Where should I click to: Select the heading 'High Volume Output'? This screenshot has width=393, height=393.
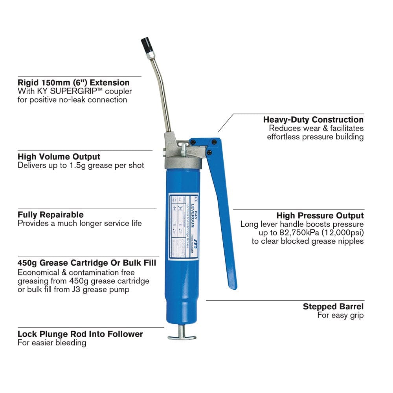tap(59, 157)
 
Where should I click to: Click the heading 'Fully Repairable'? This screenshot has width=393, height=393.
tap(51, 215)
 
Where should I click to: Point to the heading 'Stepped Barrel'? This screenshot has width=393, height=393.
tap(333, 307)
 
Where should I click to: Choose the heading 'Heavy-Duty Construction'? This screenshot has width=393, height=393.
tap(313, 119)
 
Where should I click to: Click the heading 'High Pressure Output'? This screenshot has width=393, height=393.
tap(320, 215)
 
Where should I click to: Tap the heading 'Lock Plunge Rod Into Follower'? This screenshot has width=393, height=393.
tap(80, 334)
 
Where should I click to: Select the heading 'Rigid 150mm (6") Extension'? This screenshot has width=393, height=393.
tap(73, 83)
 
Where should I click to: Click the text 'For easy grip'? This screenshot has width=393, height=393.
tap(340, 315)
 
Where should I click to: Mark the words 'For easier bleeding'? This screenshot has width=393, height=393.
tap(52, 343)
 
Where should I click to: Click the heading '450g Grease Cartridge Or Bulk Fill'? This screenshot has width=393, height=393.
tap(86, 263)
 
